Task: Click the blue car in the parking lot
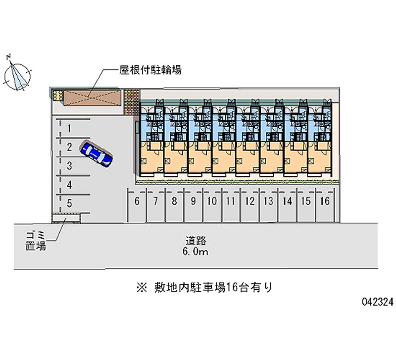[x=97, y=154]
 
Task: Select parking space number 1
[x=70, y=129]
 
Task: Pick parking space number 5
[x=70, y=203]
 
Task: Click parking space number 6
[x=137, y=201]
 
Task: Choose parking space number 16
[x=325, y=201]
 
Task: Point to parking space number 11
[x=230, y=201]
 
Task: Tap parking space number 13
[x=268, y=201]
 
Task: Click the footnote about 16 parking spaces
[x=203, y=287]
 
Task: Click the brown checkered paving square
[x=131, y=102]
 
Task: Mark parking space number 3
[x=70, y=166]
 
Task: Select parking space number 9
[x=193, y=201]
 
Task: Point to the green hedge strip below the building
[x=238, y=181]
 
